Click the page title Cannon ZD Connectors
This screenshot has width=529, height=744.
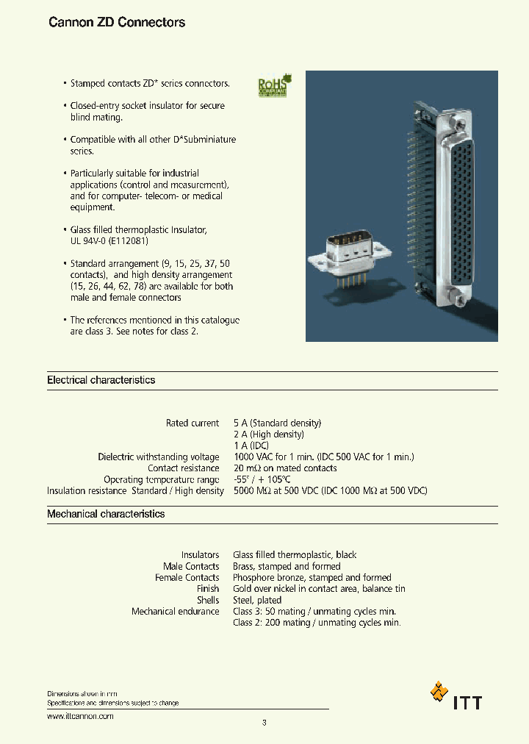point(117,23)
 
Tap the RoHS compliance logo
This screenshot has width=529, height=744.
point(274,85)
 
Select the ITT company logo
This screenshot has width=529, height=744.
point(456,695)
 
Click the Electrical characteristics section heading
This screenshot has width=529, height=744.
point(101,380)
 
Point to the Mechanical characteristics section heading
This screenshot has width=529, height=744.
point(106,514)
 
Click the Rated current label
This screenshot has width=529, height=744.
point(192,423)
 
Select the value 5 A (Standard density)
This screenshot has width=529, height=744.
point(277,423)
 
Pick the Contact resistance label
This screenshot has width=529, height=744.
point(183,468)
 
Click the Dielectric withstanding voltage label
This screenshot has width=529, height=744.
point(159,457)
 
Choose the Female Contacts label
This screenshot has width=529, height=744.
point(187,578)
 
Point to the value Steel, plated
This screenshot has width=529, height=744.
point(257,600)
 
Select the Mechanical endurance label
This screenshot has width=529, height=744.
point(175,612)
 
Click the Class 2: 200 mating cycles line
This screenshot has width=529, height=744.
point(317,623)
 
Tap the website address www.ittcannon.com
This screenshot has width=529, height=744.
point(80,715)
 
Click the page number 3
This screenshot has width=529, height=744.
point(264,723)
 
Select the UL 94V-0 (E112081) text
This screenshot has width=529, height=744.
point(114,241)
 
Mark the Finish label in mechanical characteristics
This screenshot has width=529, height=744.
point(208,589)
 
